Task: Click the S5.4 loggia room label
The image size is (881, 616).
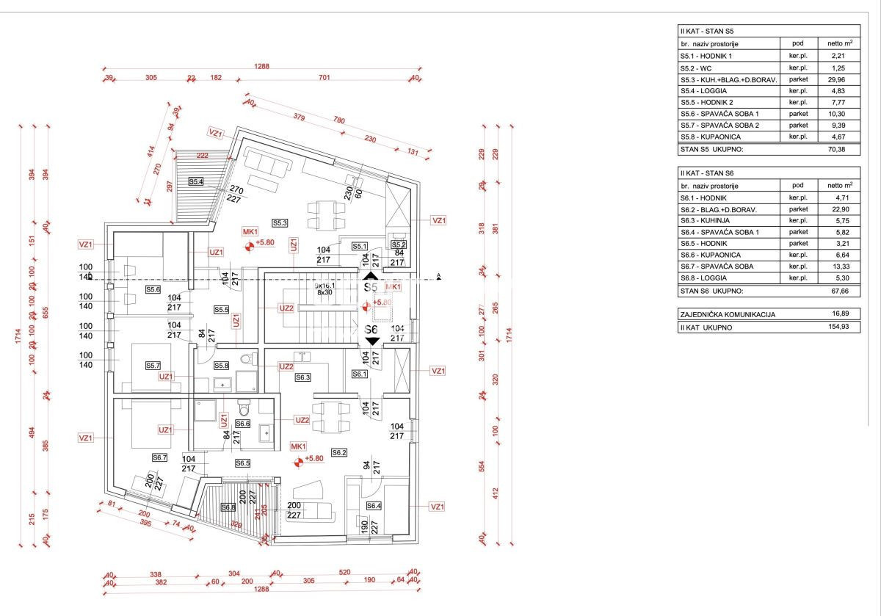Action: click(196, 181)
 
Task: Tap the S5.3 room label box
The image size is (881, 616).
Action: click(280, 222)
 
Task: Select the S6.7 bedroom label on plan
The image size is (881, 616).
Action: click(160, 457)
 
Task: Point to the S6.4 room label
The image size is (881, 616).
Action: click(374, 506)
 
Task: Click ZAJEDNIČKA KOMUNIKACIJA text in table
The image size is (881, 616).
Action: click(727, 314)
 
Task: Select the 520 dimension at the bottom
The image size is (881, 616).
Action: click(344, 573)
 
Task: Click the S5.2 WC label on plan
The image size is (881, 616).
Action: click(399, 244)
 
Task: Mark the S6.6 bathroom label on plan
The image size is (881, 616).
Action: click(243, 424)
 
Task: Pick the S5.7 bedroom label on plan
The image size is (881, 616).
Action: click(153, 366)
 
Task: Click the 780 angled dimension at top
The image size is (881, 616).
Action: click(339, 120)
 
